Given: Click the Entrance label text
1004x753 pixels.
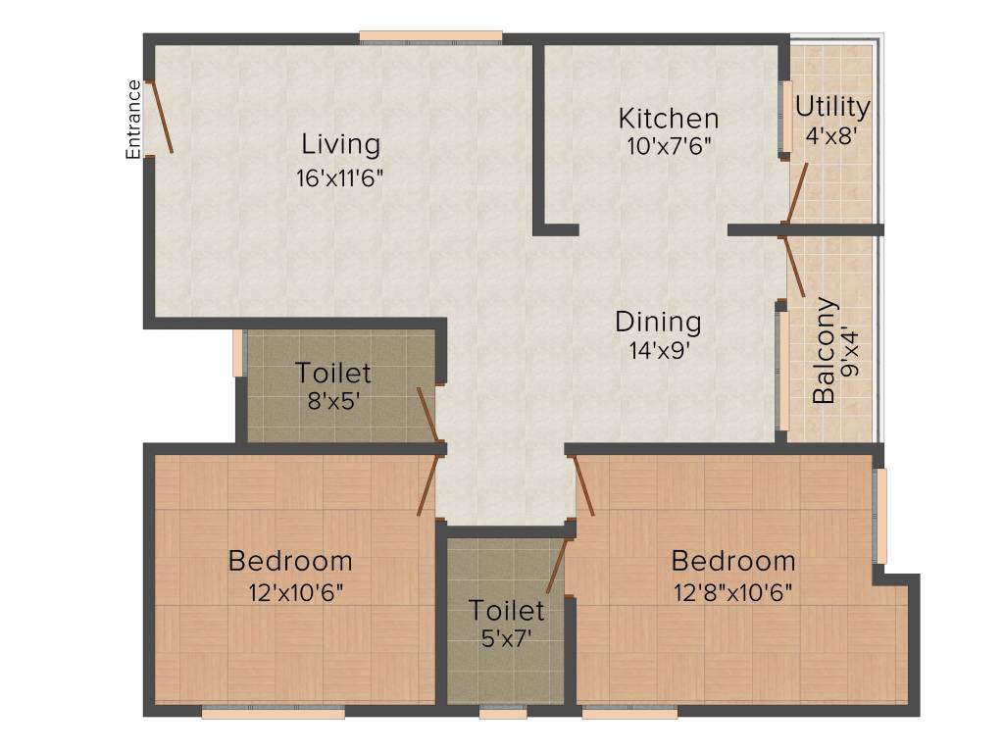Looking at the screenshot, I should [x=133, y=119].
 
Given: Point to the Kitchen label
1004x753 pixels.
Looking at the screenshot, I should [x=668, y=119].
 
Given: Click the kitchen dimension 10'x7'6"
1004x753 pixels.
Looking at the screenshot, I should [x=668, y=146].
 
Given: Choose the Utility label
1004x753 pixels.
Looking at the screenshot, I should [x=831, y=106].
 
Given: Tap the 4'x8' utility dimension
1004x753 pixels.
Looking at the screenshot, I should [x=831, y=135].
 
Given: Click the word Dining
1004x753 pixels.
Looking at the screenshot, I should [x=658, y=322].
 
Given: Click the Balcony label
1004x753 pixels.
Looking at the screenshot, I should [x=825, y=350].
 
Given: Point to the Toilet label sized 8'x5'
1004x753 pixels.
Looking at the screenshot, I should [x=333, y=373].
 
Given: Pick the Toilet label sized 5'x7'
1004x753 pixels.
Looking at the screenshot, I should [x=506, y=610].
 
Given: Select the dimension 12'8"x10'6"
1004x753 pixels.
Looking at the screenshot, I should [x=732, y=592].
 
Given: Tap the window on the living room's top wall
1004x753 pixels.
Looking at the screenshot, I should [x=430, y=38].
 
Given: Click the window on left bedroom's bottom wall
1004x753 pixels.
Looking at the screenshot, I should [x=273, y=713].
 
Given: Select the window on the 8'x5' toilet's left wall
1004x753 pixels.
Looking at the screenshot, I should [x=237, y=353].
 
